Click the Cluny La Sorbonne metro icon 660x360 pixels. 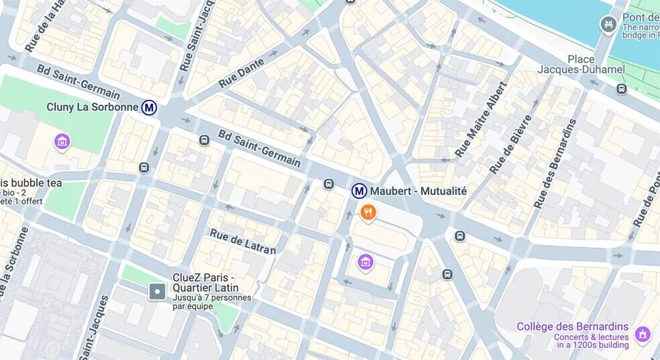[150, 107]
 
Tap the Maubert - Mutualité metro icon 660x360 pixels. [360, 191]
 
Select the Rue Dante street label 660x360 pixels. [241, 72]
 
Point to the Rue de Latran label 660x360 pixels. [242, 242]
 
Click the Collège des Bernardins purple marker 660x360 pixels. [642, 333]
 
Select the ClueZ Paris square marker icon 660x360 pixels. [157, 292]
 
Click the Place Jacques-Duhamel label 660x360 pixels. [581, 64]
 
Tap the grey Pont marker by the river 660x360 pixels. [608, 25]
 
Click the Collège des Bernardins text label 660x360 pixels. [572, 327]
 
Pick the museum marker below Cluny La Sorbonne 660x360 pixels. [62, 141]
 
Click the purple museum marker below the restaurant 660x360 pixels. [365, 261]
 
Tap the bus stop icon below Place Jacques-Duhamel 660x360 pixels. [621, 88]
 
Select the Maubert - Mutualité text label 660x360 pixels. [418, 191]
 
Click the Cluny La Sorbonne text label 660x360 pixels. [93, 107]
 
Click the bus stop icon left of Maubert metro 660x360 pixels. [329, 184]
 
